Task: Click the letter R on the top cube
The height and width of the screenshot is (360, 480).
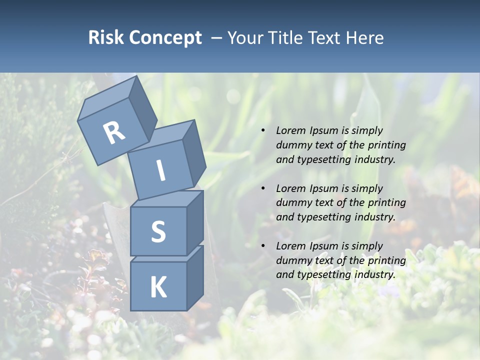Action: [x=114, y=132]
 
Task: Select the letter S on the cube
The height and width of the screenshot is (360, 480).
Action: [x=158, y=231]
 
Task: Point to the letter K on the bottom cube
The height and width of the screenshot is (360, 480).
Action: [x=158, y=287]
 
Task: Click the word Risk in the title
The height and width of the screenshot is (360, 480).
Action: [x=106, y=37]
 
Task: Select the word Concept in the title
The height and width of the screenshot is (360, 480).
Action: [x=166, y=37]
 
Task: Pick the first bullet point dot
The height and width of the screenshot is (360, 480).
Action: [x=263, y=131]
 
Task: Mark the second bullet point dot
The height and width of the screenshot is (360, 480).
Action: [x=263, y=188]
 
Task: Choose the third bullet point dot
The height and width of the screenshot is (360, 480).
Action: [x=263, y=246]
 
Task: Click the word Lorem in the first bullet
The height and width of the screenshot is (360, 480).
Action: [x=290, y=130]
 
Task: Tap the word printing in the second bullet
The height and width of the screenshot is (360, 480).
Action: [x=385, y=203]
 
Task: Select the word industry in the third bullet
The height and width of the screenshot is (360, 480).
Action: [x=374, y=274]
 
